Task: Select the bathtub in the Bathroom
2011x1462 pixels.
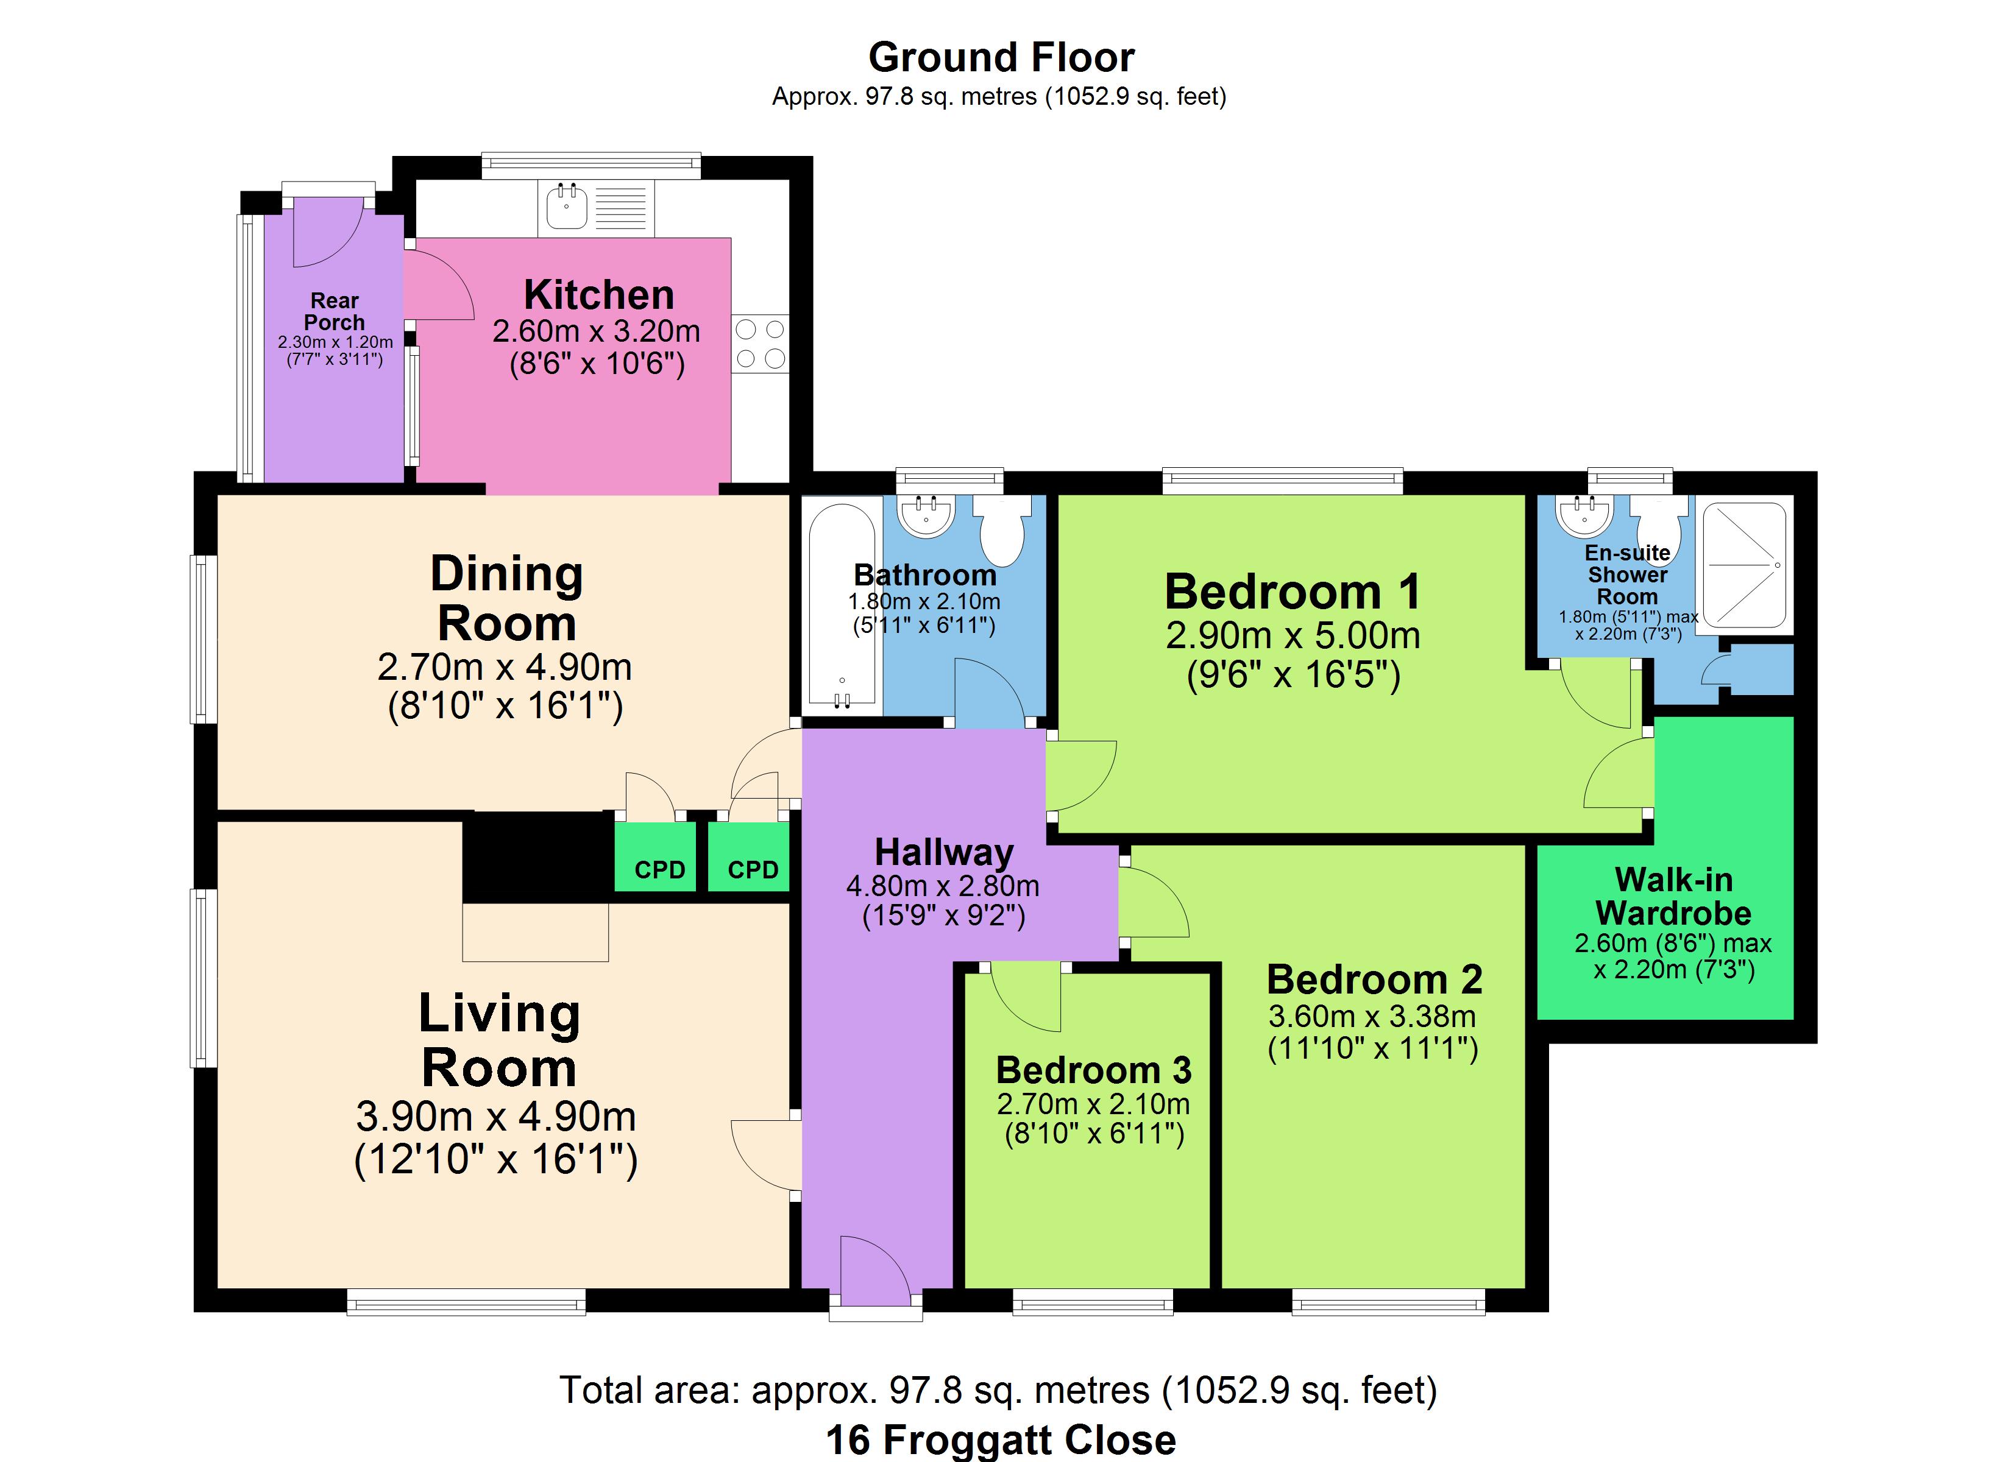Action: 842,607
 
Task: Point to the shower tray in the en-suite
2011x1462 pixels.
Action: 1745,566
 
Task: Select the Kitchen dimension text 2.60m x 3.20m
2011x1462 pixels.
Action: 597,331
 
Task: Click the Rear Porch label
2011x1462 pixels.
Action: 335,311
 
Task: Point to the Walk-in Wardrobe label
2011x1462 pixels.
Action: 1673,895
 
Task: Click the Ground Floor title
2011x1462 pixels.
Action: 1001,58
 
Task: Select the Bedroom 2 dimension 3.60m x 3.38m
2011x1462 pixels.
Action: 1372,1016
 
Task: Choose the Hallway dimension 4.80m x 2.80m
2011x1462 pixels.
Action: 943,886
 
